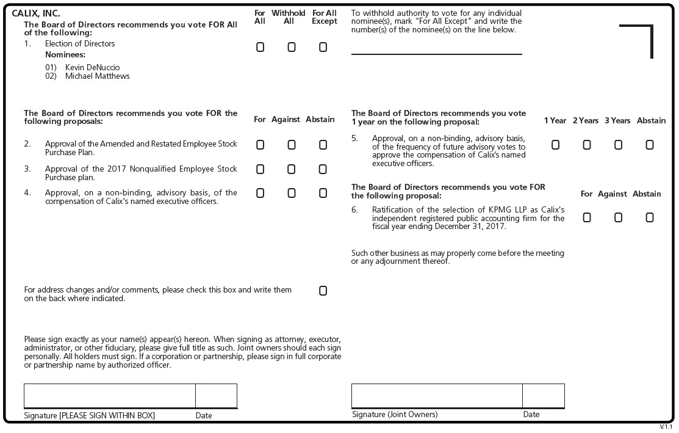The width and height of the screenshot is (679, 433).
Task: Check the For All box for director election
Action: (x=260, y=47)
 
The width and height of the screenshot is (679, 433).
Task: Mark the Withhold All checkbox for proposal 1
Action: (x=292, y=47)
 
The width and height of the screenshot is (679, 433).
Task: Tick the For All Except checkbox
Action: (x=323, y=47)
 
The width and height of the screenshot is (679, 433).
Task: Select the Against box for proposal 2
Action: (x=292, y=145)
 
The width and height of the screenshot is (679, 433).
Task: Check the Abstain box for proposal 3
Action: (x=323, y=169)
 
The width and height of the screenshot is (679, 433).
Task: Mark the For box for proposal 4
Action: (x=260, y=193)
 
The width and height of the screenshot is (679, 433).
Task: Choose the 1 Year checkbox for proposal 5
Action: (x=555, y=145)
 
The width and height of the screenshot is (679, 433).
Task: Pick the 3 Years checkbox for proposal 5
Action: (x=618, y=145)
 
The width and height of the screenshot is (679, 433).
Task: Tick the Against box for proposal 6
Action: (x=618, y=217)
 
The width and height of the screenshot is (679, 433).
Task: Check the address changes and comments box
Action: (x=323, y=291)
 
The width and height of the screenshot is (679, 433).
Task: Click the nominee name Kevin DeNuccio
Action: (x=92, y=67)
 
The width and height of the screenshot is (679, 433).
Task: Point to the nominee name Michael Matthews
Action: (x=97, y=76)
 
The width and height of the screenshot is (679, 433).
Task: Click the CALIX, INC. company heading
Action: (x=36, y=13)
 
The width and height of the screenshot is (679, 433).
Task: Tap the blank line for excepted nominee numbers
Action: (x=436, y=49)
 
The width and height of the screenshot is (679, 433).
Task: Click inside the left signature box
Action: (x=110, y=396)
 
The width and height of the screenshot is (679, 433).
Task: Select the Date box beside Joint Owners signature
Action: (x=543, y=396)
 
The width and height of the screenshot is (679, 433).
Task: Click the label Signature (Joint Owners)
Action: (x=395, y=415)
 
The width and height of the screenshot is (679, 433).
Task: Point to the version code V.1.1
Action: (x=666, y=427)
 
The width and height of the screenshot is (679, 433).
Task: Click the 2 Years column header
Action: (x=586, y=121)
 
